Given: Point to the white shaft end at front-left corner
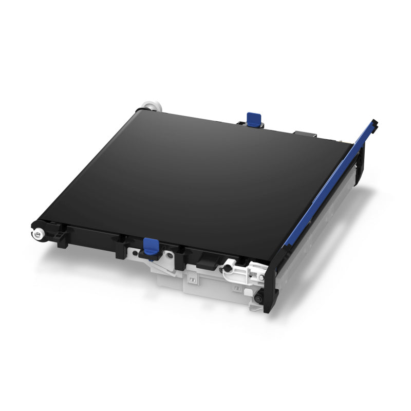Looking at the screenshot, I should click(36, 234).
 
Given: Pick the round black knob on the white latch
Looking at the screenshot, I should click(226, 268).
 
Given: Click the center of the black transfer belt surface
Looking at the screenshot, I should click(190, 175).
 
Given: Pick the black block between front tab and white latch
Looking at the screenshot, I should click(206, 259).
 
